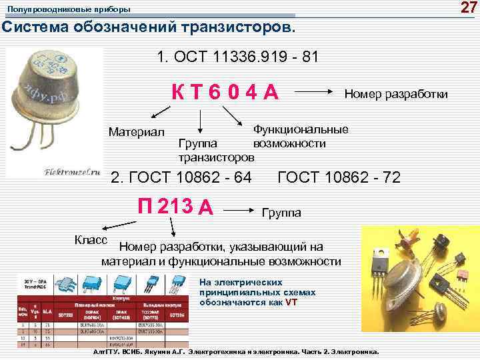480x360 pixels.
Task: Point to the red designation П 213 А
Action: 175,207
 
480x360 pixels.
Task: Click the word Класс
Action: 88,239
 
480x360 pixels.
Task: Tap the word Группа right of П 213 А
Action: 281,213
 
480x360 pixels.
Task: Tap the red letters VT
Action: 291,302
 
